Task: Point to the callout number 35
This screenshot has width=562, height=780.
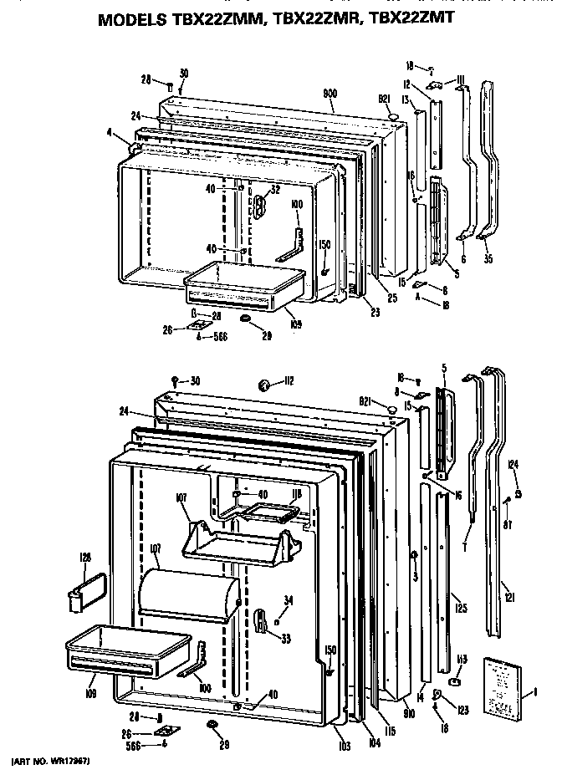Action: point(488,259)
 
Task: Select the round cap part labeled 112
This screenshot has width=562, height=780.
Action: point(264,385)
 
